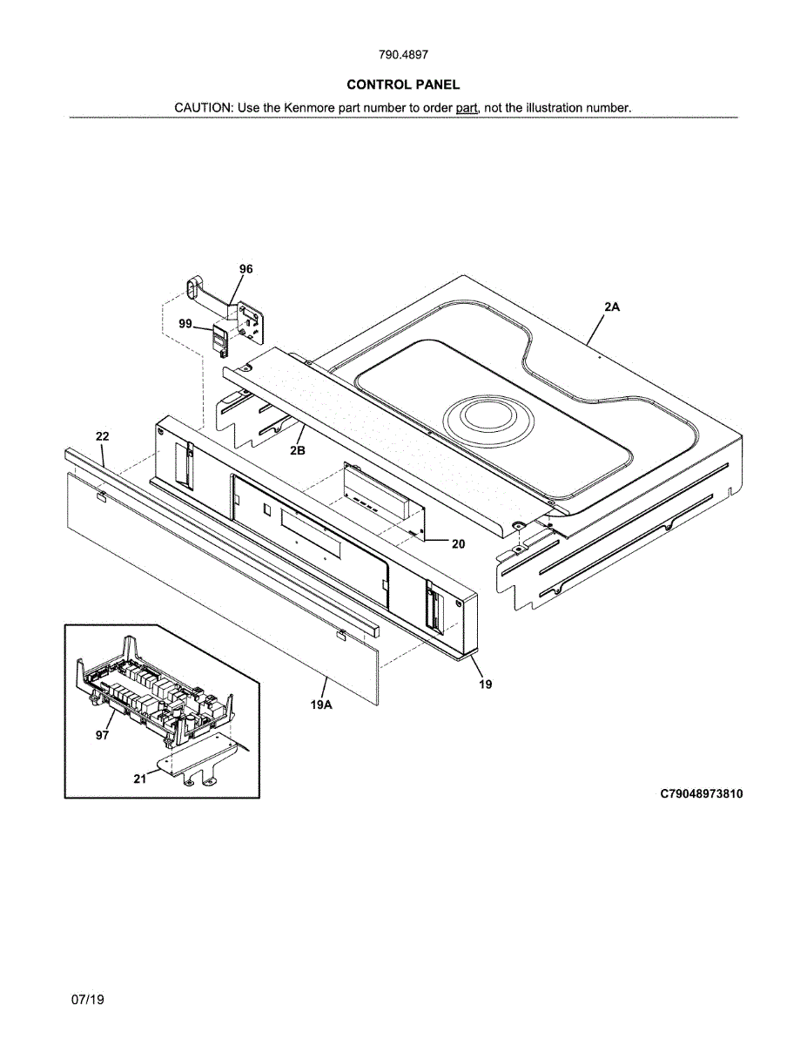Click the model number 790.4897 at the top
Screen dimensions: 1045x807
pyautogui.click(x=403, y=55)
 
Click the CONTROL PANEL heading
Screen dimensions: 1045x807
pyautogui.click(x=403, y=84)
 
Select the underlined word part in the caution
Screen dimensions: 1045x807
pyautogui.click(x=467, y=108)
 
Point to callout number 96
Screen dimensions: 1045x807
pyautogui.click(x=246, y=269)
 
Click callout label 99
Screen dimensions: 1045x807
pyautogui.click(x=185, y=323)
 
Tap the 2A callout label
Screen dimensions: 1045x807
pyautogui.click(x=611, y=307)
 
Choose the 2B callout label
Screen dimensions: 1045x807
pyautogui.click(x=298, y=450)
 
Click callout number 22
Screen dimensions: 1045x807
pyautogui.click(x=103, y=435)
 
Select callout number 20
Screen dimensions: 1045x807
pyautogui.click(x=458, y=544)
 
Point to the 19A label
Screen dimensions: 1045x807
pyautogui.click(x=321, y=704)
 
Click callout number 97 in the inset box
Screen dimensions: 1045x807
pyautogui.click(x=103, y=735)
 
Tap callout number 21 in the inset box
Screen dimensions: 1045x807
pyautogui.click(x=140, y=779)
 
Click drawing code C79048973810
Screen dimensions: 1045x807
pyautogui.click(x=702, y=793)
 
